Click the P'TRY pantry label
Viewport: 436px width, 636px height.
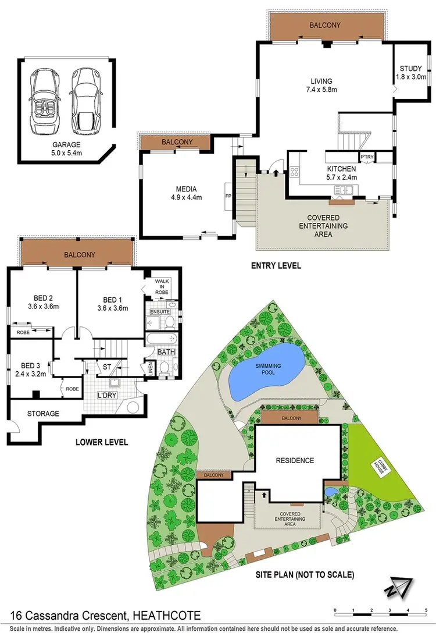[367, 157]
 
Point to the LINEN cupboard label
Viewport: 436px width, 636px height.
[150, 368]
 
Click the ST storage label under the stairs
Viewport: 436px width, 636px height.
[107, 367]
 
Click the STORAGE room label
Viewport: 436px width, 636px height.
[43, 414]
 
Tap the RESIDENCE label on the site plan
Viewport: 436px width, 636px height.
[295, 460]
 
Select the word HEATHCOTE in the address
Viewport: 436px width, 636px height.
[164, 615]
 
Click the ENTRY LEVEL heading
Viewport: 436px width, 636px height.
[277, 266]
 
